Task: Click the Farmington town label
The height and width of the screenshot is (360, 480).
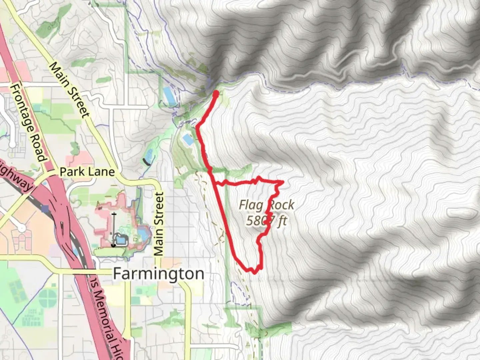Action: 159,274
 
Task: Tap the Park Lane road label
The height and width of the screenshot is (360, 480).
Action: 87,172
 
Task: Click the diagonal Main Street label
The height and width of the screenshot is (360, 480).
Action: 70,90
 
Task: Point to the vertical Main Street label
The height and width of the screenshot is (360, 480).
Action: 159,224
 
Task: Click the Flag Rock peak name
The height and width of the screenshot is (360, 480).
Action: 267,205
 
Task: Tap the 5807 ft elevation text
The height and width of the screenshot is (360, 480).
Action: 267,221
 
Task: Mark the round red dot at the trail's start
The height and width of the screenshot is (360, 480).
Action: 215,94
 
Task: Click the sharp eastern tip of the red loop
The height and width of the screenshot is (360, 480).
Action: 283,182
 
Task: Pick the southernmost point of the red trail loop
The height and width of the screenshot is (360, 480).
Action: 254,273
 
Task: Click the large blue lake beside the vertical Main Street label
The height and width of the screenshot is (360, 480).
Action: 142,231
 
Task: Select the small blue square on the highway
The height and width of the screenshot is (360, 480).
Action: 45,209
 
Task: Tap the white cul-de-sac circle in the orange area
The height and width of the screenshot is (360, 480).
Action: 22,228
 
